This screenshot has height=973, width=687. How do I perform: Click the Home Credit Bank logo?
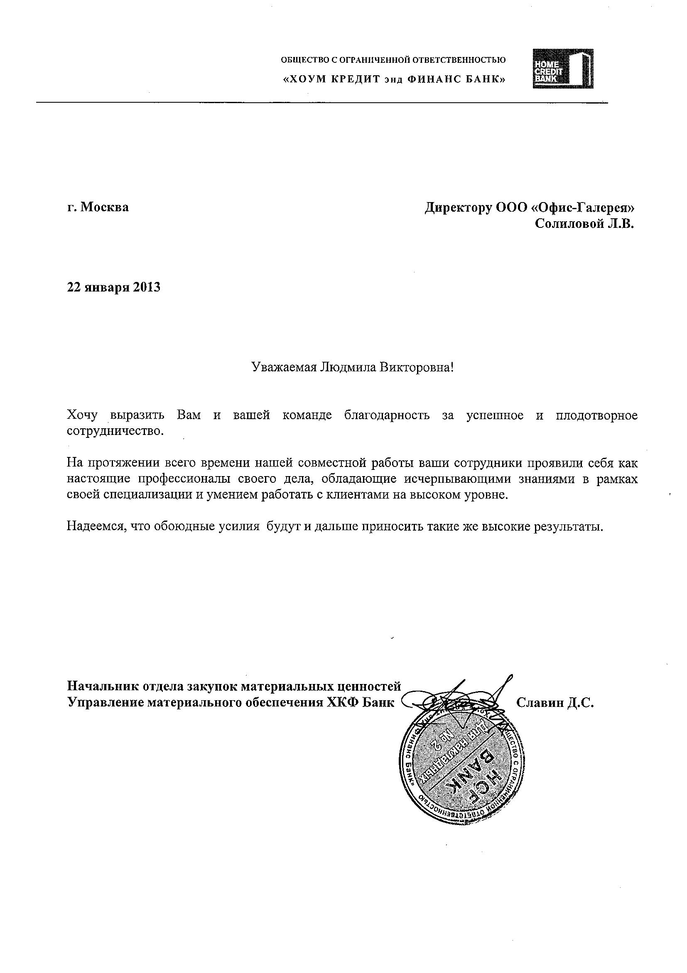click(562, 69)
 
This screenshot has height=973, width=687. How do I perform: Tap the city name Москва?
click(105, 207)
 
